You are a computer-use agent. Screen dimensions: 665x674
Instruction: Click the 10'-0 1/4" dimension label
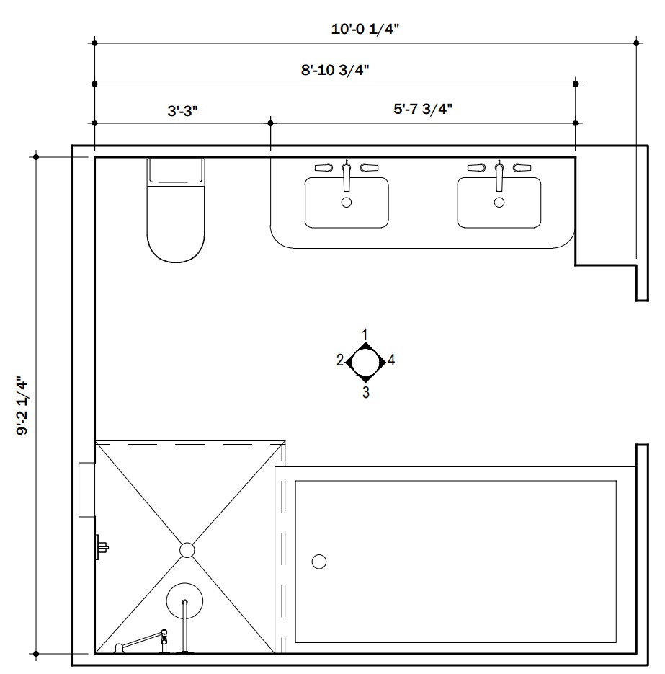click(x=365, y=30)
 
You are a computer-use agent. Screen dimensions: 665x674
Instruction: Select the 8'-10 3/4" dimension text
click(x=335, y=70)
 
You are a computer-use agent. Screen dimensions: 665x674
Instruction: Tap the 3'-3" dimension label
click(x=182, y=111)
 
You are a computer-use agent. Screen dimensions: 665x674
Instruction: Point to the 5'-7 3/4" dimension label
click(x=423, y=109)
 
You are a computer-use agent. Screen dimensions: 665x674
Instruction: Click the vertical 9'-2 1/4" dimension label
click(x=22, y=406)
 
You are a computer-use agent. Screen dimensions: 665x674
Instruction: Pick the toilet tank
click(x=176, y=171)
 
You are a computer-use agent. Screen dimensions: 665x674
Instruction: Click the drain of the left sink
click(x=347, y=203)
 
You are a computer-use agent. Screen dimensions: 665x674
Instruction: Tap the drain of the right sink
click(x=499, y=203)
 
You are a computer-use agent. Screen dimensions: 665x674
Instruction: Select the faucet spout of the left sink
click(x=347, y=176)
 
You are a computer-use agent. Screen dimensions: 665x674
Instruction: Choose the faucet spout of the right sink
click(x=499, y=176)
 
